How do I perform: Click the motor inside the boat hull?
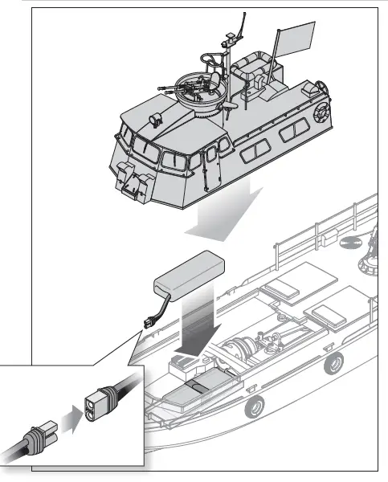(x=241, y=350)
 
